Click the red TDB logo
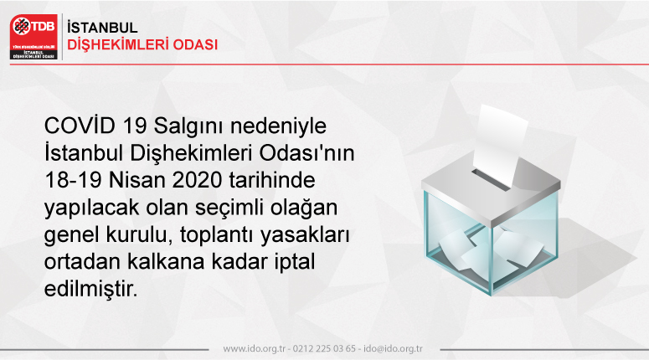34,37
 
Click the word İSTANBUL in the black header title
102,28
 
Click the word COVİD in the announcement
80,126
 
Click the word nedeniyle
278,126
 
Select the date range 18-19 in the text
73,180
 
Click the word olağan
304,208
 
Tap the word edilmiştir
90,288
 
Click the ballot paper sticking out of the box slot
500,145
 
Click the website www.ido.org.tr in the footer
255,349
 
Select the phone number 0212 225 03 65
324,349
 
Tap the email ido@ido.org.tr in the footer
394,349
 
